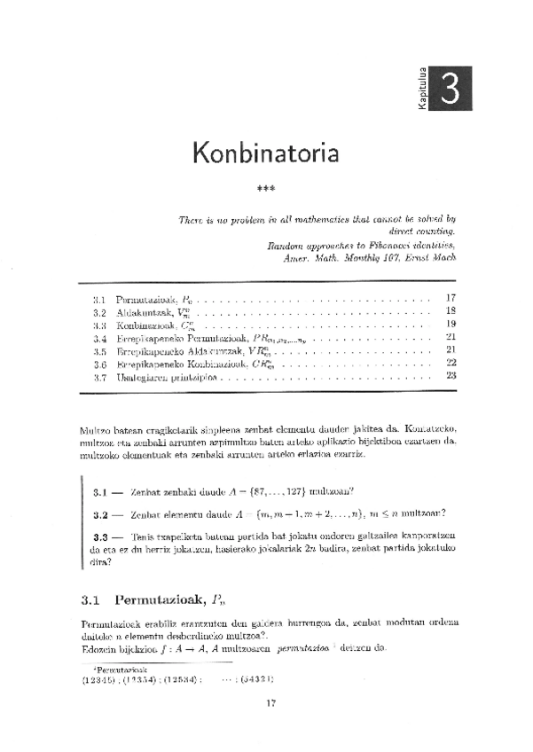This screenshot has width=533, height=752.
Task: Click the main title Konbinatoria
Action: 265,153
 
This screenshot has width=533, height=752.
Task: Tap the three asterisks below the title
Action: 265,189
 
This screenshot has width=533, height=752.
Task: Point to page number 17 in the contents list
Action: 451,298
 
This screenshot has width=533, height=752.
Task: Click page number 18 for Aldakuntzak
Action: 451,311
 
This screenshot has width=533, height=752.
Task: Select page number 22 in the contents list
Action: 451,363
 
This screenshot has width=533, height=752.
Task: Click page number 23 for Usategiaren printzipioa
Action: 451,375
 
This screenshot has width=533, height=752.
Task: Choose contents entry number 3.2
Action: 99,312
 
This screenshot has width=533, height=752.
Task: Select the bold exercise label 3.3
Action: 99,537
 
